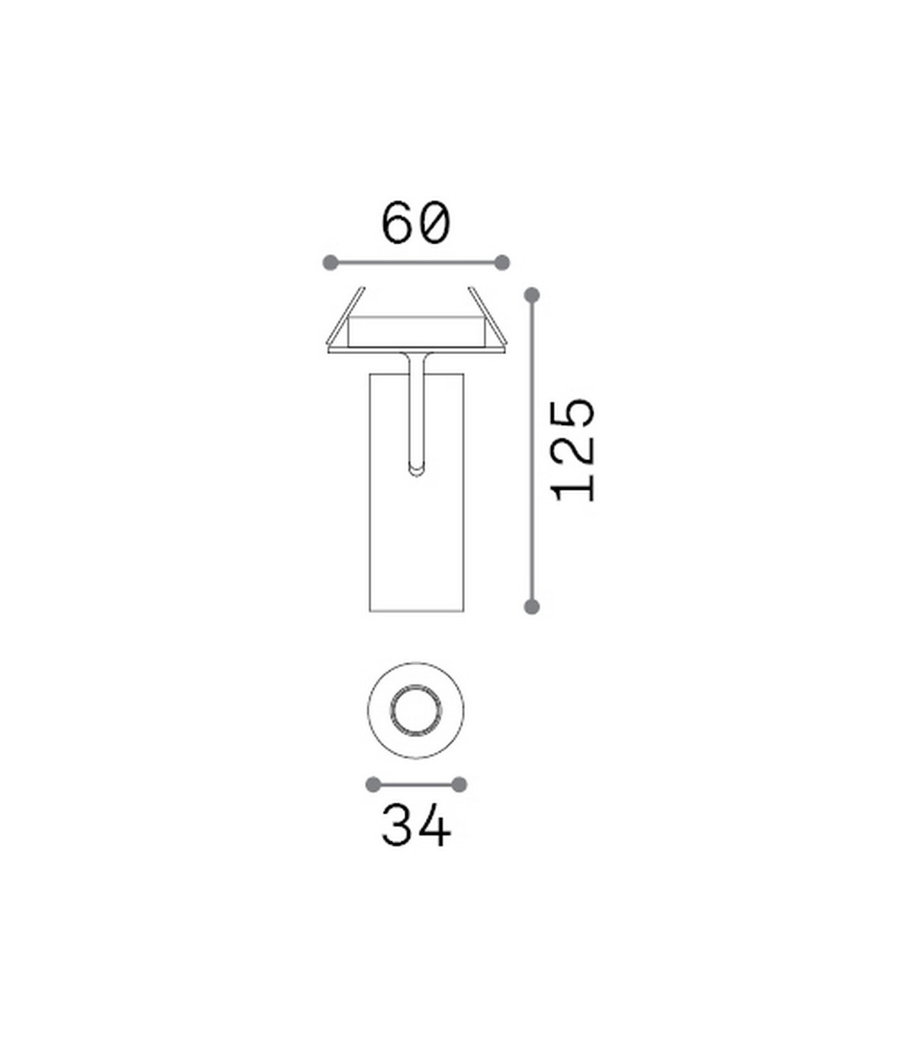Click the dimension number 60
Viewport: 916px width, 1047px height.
[x=416, y=222]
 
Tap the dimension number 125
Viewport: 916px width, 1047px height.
[x=573, y=449]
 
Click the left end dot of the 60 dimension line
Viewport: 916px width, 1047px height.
[x=331, y=263]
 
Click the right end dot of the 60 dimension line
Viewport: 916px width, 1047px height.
[x=502, y=263]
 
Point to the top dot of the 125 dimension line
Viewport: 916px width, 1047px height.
[x=532, y=295]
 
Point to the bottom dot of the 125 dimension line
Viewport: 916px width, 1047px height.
[x=532, y=607]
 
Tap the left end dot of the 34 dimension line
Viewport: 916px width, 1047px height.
[x=373, y=784]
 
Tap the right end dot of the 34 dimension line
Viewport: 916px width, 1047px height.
[x=460, y=784]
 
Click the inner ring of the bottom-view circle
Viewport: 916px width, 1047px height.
[x=391, y=711]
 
